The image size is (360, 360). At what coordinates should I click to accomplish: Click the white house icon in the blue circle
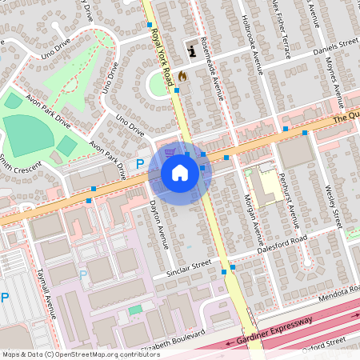(x=180, y=173)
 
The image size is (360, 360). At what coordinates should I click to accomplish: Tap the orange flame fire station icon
(x=182, y=77)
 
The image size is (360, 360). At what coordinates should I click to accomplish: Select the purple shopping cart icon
(x=169, y=151)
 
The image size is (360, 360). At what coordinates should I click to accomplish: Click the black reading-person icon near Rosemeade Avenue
(x=191, y=52)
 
